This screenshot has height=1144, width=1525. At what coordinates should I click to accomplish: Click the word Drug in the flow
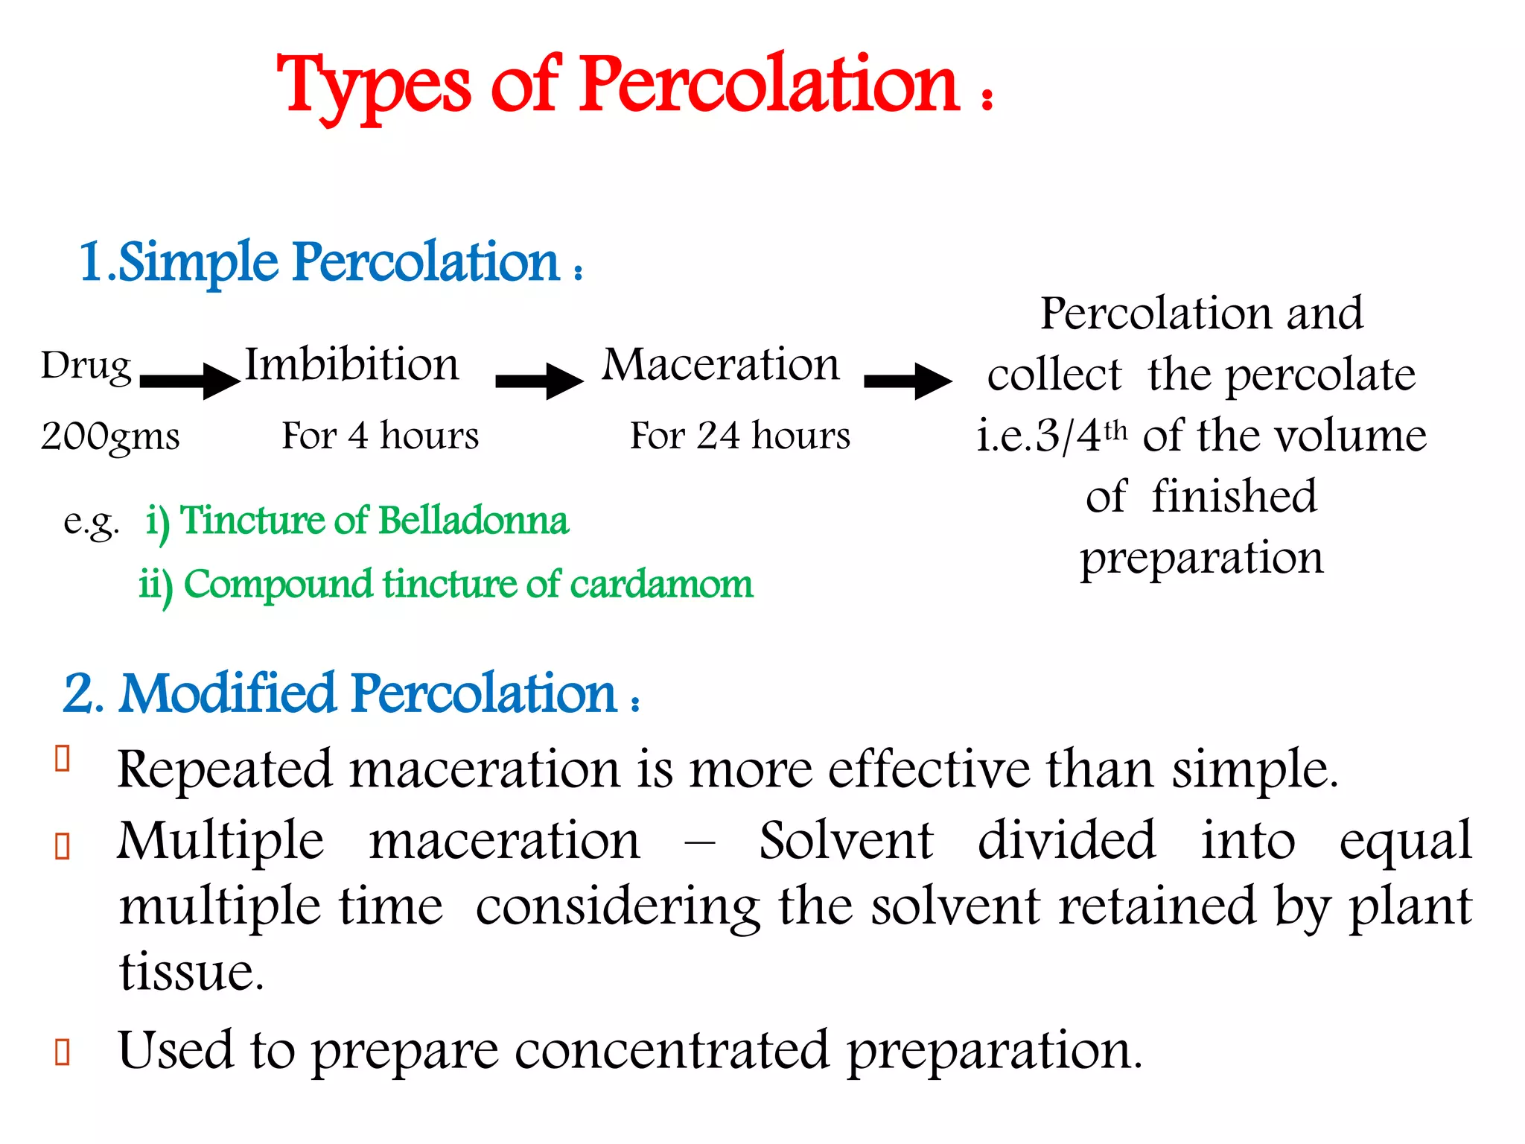point(86,366)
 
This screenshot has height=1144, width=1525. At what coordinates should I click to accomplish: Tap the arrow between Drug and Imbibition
point(189,381)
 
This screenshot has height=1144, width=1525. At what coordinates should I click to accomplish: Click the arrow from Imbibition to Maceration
point(539,381)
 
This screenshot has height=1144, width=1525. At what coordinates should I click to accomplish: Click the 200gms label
point(110,436)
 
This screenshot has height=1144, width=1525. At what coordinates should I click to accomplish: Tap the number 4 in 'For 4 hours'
point(358,436)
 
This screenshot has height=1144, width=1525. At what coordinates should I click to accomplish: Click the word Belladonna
point(474,521)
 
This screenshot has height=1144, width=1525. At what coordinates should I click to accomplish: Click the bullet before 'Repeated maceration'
point(63,758)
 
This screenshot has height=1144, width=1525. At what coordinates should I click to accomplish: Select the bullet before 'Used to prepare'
point(63,1052)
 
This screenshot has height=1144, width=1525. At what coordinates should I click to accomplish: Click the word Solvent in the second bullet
point(846,841)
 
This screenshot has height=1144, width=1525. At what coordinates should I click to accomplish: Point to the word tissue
point(191,972)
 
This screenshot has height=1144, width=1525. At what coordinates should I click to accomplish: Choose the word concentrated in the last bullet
point(671,1050)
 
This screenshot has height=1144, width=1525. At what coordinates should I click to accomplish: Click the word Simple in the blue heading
point(198,263)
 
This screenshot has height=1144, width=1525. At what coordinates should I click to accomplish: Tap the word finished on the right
point(1234,497)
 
